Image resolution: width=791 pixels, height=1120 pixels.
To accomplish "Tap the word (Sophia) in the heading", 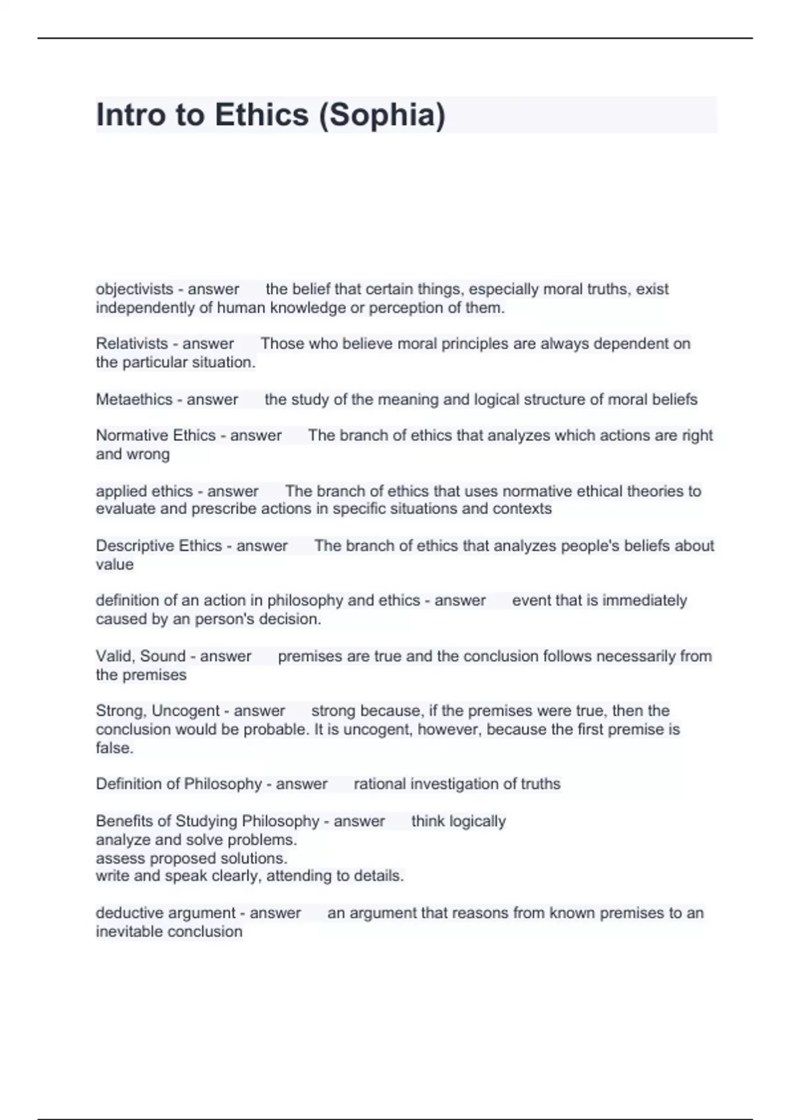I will (382, 116).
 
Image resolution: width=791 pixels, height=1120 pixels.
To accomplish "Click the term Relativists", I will (132, 344).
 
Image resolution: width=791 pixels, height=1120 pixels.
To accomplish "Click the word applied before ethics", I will (117, 491).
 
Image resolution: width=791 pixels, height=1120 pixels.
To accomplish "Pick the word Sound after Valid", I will (163, 656).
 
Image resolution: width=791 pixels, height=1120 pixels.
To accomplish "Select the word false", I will (115, 748).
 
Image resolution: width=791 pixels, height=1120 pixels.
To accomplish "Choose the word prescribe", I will (223, 509).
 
